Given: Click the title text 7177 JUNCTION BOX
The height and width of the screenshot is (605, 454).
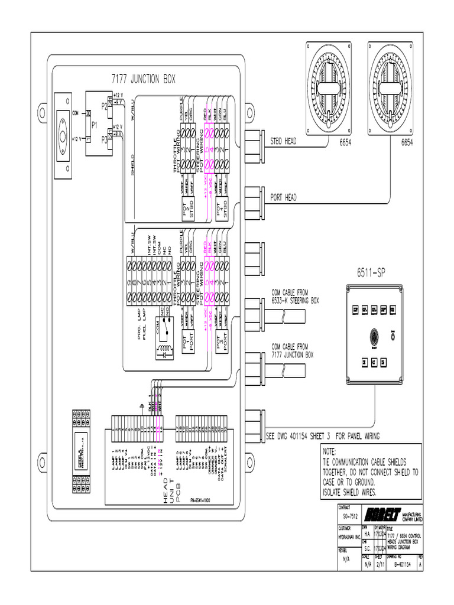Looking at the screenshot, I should (143, 79).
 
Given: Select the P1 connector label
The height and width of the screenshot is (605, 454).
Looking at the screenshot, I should (95, 125).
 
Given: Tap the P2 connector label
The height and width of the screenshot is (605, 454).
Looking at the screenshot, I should (105, 106).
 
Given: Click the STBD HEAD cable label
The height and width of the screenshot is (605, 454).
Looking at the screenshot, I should (283, 142).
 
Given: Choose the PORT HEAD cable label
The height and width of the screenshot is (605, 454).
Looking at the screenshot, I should (283, 198).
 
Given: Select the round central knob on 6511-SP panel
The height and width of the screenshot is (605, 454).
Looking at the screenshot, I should (374, 335).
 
